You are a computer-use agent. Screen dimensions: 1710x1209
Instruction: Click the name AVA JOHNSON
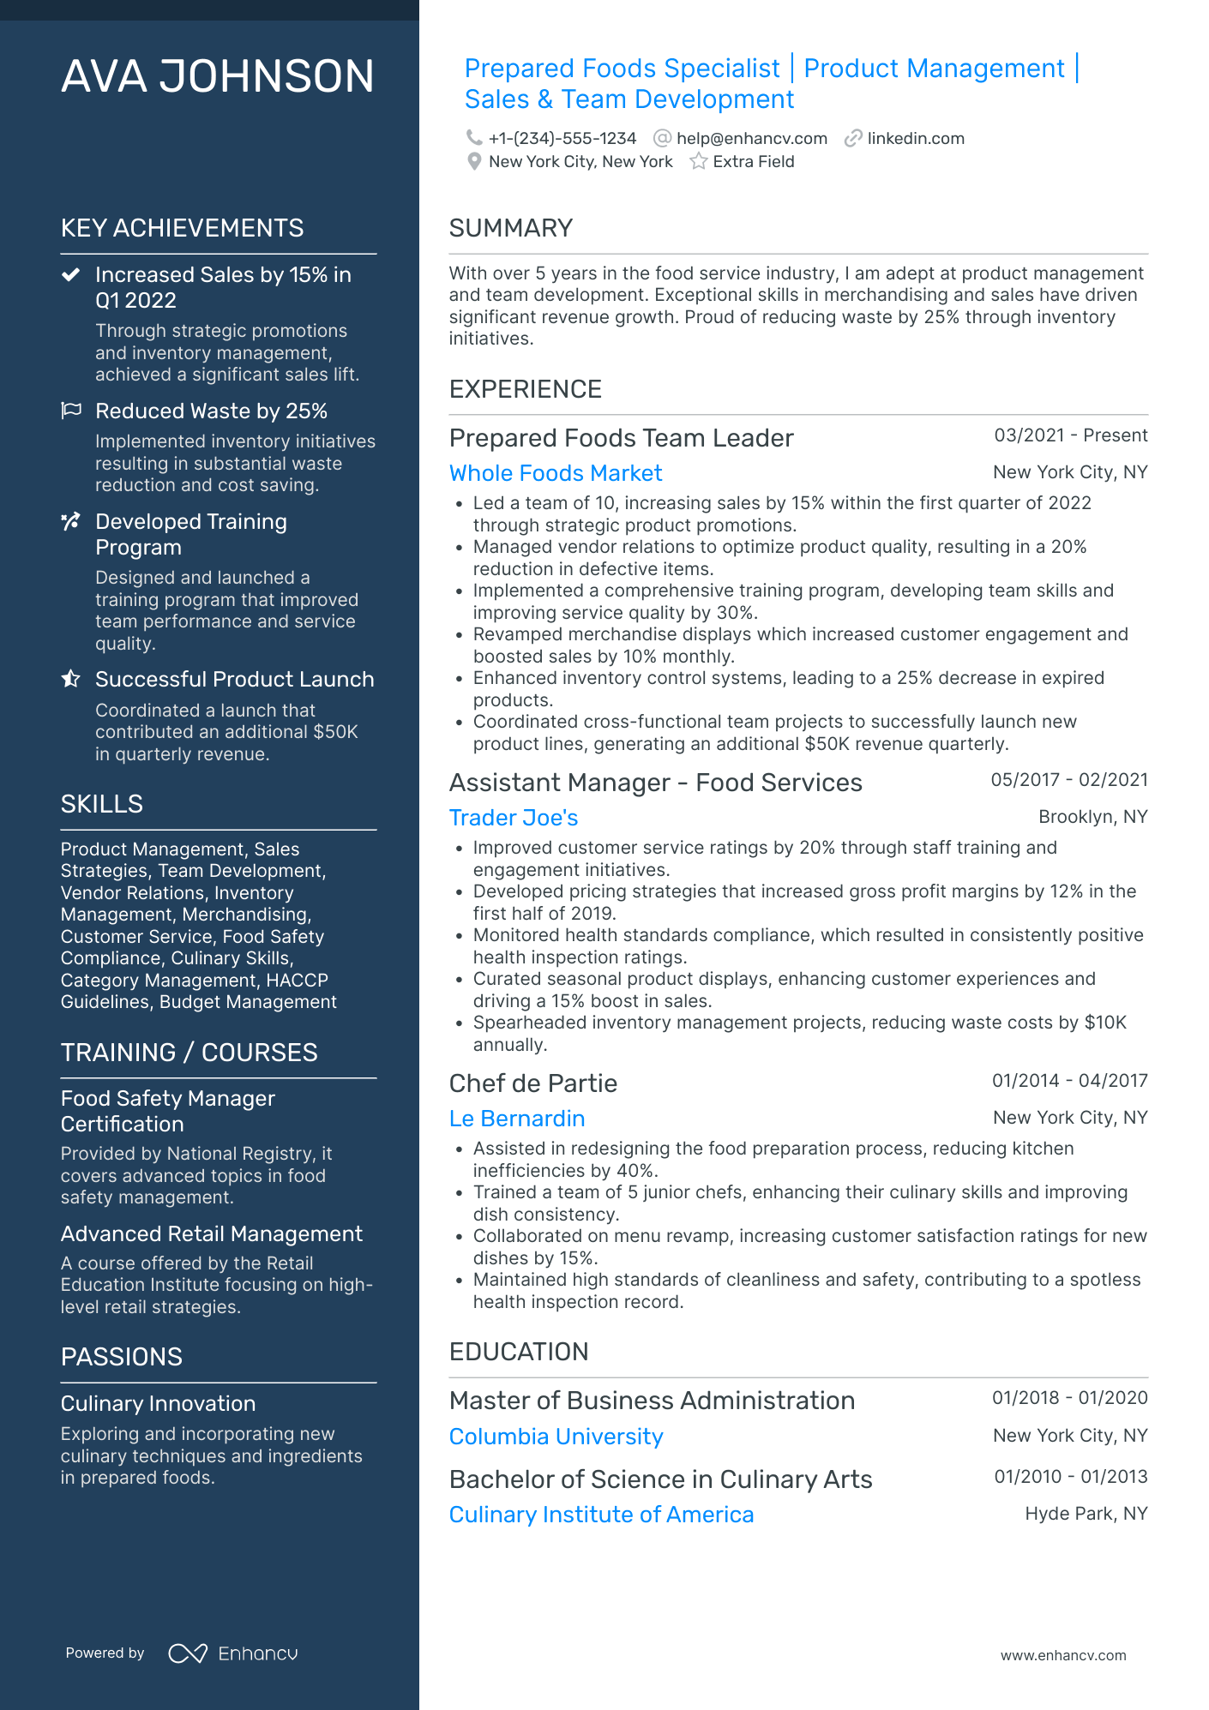tap(218, 76)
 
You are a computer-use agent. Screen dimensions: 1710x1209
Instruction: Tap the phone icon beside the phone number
tap(473, 138)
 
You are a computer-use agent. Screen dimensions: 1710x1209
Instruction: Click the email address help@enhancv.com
tap(751, 139)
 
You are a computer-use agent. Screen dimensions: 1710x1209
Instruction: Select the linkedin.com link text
tap(916, 139)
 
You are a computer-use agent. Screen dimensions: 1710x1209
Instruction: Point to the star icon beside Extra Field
tap(699, 161)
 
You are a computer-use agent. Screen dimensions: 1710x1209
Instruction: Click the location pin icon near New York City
tap(474, 161)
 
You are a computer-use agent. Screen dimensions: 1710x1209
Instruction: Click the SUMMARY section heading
tap(510, 228)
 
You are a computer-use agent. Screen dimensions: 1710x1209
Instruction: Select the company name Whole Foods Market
tap(556, 473)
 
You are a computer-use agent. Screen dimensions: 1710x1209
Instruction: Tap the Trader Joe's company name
tap(514, 818)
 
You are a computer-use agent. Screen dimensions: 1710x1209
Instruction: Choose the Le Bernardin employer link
tap(517, 1119)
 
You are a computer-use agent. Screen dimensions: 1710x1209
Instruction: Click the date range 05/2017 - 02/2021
tap(1069, 780)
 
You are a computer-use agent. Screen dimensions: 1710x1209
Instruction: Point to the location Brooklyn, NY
tap(1092, 817)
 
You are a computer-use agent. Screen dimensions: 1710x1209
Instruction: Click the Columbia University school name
tap(556, 1437)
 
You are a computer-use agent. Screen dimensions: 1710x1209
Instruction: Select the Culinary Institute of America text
tap(601, 1515)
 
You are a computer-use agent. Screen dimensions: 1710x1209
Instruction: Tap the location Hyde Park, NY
tap(1086, 1514)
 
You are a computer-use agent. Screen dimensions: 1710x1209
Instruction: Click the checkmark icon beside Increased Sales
tap(71, 275)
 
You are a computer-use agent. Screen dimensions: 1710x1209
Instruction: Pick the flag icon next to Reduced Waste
tap(71, 411)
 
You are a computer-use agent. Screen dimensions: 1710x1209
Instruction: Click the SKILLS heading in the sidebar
tap(102, 804)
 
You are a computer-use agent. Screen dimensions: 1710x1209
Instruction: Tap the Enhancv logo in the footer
tap(233, 1653)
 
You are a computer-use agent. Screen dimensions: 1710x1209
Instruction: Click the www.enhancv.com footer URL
tap(1063, 1655)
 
